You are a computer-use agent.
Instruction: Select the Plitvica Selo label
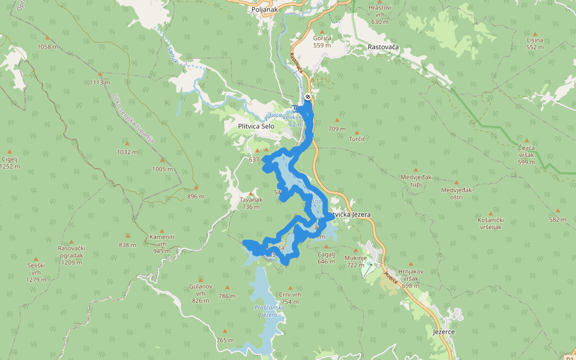(256, 127)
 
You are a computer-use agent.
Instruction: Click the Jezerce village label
(443, 332)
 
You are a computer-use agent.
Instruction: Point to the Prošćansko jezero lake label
(265, 311)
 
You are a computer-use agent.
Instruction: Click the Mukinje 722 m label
(355, 261)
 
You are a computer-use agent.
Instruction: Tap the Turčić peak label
(358, 139)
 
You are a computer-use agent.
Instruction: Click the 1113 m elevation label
(100, 83)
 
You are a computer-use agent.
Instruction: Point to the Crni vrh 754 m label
(289, 298)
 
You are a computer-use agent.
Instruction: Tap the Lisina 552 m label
(535, 43)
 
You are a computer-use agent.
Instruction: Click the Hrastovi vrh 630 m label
(380, 14)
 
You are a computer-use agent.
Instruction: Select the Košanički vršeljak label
(490, 224)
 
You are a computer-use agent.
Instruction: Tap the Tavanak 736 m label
(251, 203)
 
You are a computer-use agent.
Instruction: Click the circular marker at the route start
(308, 97)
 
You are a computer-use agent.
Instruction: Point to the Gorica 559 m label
(322, 41)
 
